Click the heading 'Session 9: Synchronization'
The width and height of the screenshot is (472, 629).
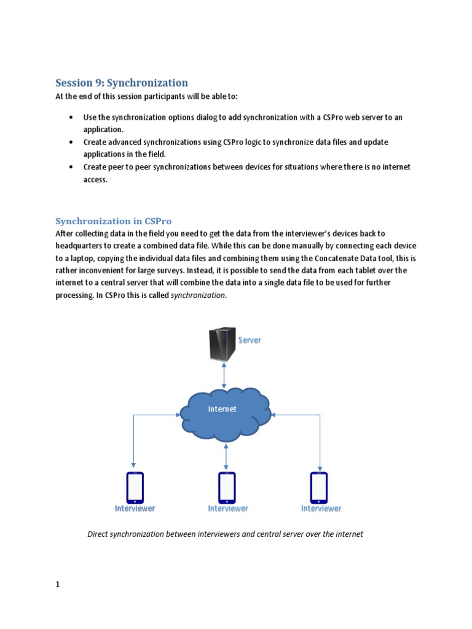[x=122, y=83]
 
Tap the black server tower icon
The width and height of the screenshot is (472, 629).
[x=222, y=345]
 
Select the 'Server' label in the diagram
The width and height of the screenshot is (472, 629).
[x=250, y=340]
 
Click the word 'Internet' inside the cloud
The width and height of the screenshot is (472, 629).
[x=222, y=409]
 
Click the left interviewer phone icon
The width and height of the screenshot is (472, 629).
[x=135, y=487]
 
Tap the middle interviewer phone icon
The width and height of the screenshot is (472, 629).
[x=227, y=487]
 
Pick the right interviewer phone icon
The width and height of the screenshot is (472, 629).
[x=319, y=487]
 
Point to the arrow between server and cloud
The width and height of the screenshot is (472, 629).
[x=224, y=375]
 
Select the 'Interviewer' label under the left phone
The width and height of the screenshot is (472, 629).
[x=135, y=509]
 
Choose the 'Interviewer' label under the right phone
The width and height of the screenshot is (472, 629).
[x=321, y=509]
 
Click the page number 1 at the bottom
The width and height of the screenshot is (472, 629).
[x=58, y=585]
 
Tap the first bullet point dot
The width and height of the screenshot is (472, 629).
[x=71, y=117]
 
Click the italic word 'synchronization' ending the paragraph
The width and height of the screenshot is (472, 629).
[x=198, y=295]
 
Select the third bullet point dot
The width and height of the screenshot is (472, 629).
[x=71, y=167]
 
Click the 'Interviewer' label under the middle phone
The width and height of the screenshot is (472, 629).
[x=228, y=509]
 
